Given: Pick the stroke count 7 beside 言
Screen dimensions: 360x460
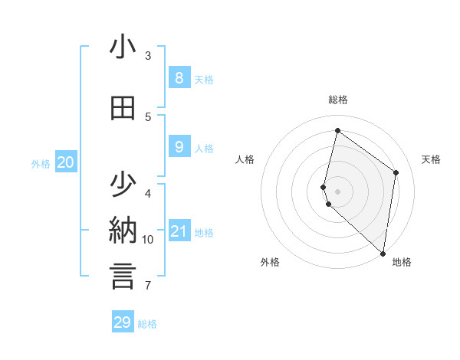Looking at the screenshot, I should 148,286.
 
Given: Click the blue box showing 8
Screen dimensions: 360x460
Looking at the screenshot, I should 179,77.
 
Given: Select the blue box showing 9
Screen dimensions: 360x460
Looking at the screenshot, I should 179,146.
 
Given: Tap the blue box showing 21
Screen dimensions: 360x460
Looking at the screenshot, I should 179,231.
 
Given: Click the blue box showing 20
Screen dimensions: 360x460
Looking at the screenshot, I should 66,162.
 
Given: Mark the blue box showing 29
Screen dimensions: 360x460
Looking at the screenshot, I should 123,322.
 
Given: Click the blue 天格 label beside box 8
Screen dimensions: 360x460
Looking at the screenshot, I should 204,80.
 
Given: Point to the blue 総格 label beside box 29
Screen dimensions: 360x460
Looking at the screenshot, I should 147,324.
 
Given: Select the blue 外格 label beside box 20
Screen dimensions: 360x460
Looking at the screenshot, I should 41,164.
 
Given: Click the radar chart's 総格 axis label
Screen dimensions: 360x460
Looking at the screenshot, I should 338,100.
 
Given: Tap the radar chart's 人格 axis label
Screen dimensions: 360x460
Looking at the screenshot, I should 245,159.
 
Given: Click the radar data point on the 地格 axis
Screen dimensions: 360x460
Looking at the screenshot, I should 383,253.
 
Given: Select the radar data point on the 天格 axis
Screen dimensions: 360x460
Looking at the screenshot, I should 396,172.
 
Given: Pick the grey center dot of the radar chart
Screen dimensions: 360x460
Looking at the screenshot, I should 338,191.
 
